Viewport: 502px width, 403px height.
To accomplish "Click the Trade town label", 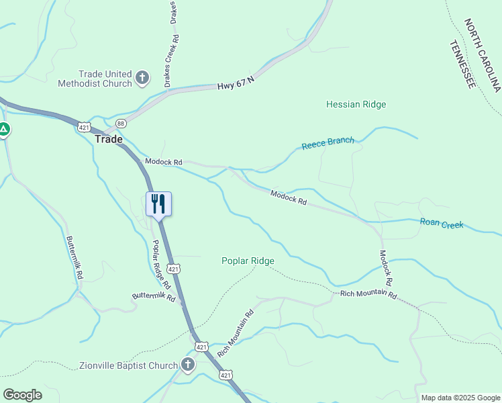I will click(x=109, y=139).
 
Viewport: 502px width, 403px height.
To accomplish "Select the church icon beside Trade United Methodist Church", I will click(x=142, y=78).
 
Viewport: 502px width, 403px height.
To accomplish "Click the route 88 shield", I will click(x=121, y=124).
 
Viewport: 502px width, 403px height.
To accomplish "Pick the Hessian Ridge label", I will click(x=356, y=104).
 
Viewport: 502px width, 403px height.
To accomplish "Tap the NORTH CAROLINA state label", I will click(x=483, y=56).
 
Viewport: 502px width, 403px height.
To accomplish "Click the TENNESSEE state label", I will click(x=462, y=64).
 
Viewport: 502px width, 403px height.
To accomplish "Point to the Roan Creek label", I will click(x=442, y=224).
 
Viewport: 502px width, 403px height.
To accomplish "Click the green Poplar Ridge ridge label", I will click(x=248, y=261).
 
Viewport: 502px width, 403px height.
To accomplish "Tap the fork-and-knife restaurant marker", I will click(x=159, y=203).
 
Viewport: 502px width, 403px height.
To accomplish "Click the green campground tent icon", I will click(x=3, y=129).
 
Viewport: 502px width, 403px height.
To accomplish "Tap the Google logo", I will click(x=22, y=395).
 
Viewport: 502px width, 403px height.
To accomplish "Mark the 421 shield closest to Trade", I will click(x=84, y=126).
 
